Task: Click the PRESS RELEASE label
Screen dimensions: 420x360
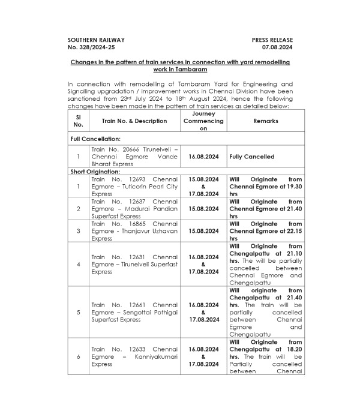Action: [x=272, y=40]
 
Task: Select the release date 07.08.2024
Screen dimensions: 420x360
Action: [x=277, y=46]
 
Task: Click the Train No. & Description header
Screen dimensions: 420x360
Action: [x=134, y=121]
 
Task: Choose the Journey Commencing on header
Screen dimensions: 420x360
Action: [x=203, y=121]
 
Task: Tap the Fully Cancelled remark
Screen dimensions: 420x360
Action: [x=252, y=157]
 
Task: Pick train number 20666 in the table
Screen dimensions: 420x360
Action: [x=130, y=149]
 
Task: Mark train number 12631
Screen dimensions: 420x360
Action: [x=131, y=257]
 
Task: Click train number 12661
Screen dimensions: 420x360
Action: [x=131, y=304]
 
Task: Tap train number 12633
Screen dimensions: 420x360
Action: [x=131, y=349]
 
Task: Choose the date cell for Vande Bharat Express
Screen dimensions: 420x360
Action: [x=203, y=157]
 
